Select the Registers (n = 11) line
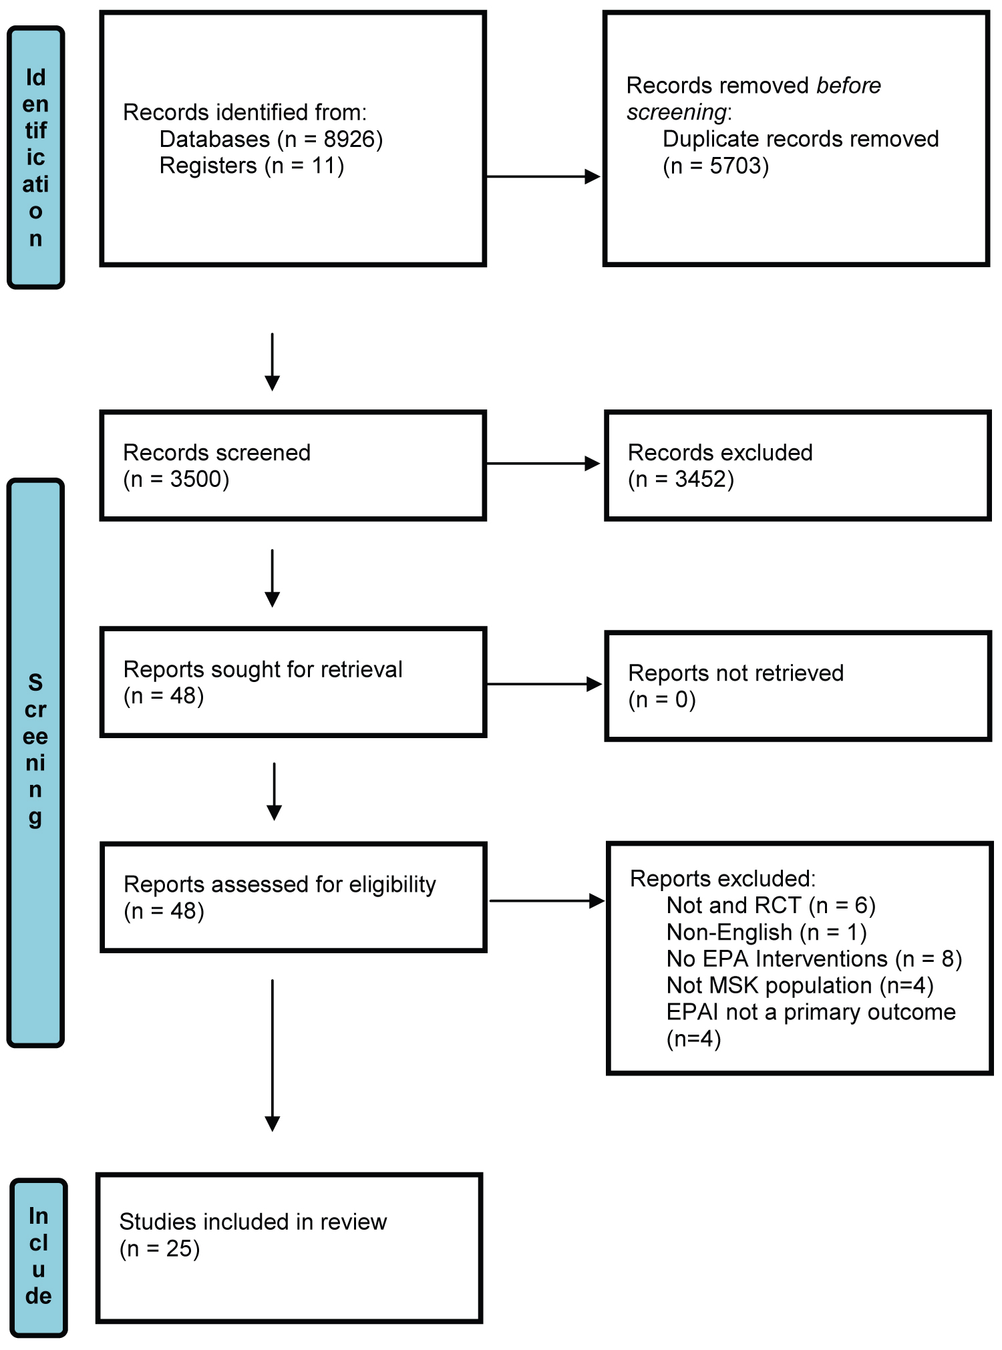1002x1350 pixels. (252, 166)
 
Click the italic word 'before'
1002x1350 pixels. (848, 86)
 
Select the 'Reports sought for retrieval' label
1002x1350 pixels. (263, 669)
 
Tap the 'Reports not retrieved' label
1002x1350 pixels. (736, 673)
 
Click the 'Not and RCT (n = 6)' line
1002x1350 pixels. (771, 905)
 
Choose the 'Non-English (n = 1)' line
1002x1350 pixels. (767, 932)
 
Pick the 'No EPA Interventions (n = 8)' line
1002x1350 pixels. (814, 959)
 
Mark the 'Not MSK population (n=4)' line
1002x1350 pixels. (800, 985)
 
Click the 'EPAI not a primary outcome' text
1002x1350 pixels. (811, 1012)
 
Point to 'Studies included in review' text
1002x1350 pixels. (253, 1222)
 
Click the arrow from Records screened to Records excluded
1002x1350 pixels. (543, 464)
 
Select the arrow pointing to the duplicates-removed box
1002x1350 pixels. (543, 177)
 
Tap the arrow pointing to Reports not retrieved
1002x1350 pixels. (544, 684)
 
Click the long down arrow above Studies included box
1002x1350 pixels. (273, 1055)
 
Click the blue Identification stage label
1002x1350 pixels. (36, 158)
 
